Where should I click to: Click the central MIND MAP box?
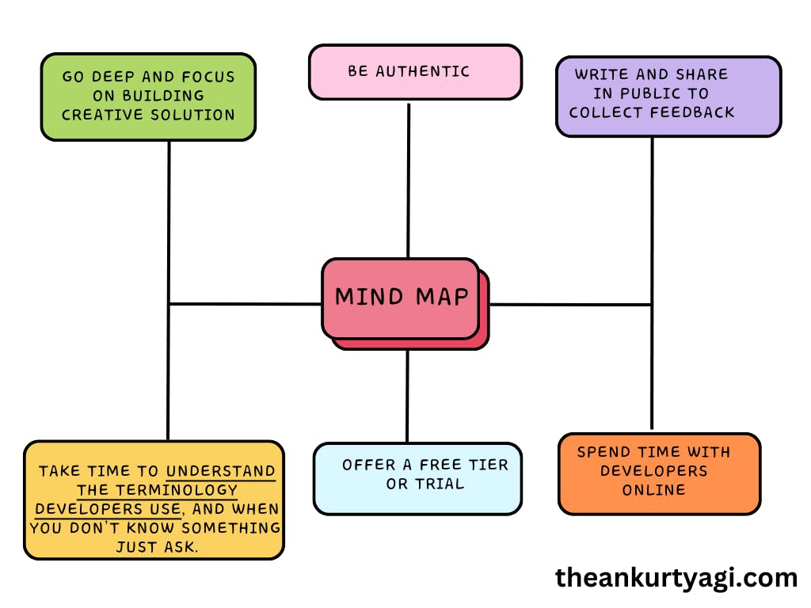click(401, 298)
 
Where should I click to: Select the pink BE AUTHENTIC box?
click(415, 72)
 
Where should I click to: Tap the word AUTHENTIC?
click(422, 71)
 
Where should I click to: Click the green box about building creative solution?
click(148, 97)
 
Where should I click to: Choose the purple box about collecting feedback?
click(668, 96)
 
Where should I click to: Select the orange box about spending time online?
click(659, 473)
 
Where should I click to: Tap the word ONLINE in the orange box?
click(653, 490)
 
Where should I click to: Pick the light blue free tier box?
click(417, 478)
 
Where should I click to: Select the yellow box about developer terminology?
click(154, 500)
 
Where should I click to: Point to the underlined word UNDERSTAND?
click(221, 471)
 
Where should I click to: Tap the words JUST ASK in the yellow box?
click(157, 547)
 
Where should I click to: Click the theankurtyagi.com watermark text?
click(676, 578)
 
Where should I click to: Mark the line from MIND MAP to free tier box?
click(408, 396)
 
